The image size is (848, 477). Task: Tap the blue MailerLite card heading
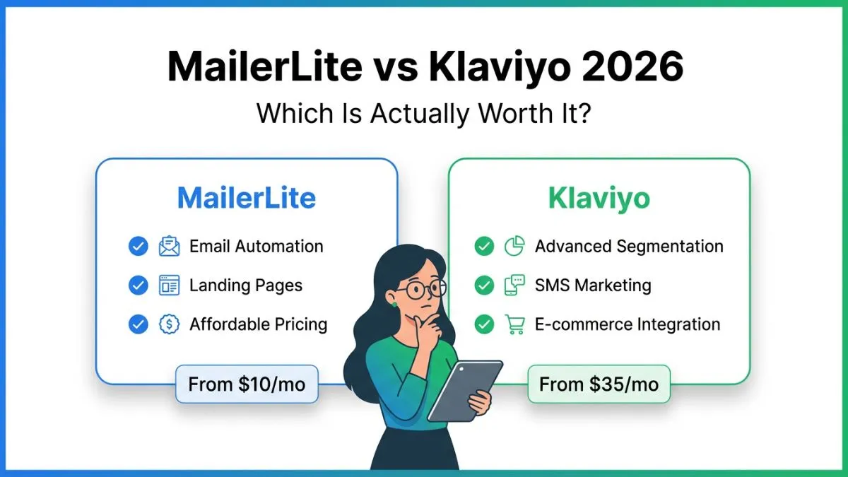[x=246, y=199]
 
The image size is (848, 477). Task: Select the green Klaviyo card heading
[x=599, y=199]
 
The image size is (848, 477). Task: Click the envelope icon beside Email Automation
[x=170, y=246]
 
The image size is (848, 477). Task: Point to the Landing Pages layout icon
[x=170, y=285]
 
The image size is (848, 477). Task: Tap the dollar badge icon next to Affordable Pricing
[x=170, y=324]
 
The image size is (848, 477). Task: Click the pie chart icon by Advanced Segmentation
[x=514, y=246]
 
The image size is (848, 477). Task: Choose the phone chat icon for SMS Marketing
[x=514, y=285]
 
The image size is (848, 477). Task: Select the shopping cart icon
[x=514, y=324]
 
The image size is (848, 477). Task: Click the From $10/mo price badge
[x=246, y=385]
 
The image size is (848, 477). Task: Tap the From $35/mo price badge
[x=599, y=385]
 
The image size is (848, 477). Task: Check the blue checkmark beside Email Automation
[x=138, y=246]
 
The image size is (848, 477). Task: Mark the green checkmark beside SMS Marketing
[x=484, y=285]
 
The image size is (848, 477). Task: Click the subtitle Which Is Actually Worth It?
[x=423, y=113]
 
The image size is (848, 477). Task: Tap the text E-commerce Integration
[x=628, y=324]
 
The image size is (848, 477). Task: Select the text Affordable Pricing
[x=258, y=324]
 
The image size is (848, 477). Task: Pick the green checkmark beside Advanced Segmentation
[x=484, y=246]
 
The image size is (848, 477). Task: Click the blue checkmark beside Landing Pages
[x=138, y=285]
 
